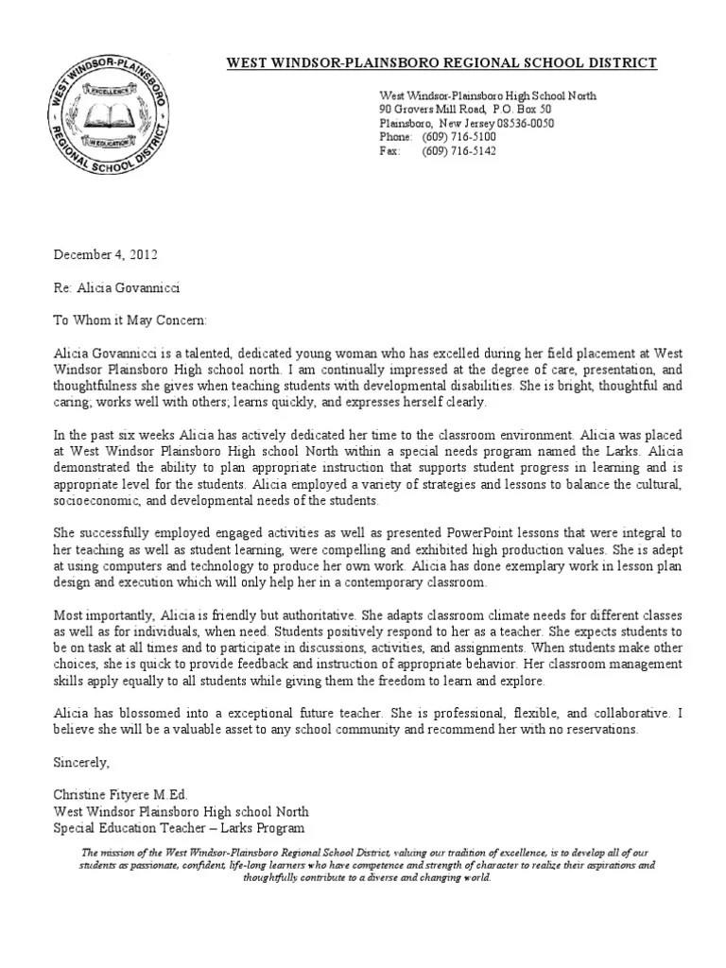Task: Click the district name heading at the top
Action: click(x=441, y=63)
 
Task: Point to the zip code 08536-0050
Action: click(x=521, y=124)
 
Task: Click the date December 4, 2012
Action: click(x=104, y=254)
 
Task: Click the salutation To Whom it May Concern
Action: click(x=130, y=320)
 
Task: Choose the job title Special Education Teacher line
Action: click(x=179, y=828)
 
